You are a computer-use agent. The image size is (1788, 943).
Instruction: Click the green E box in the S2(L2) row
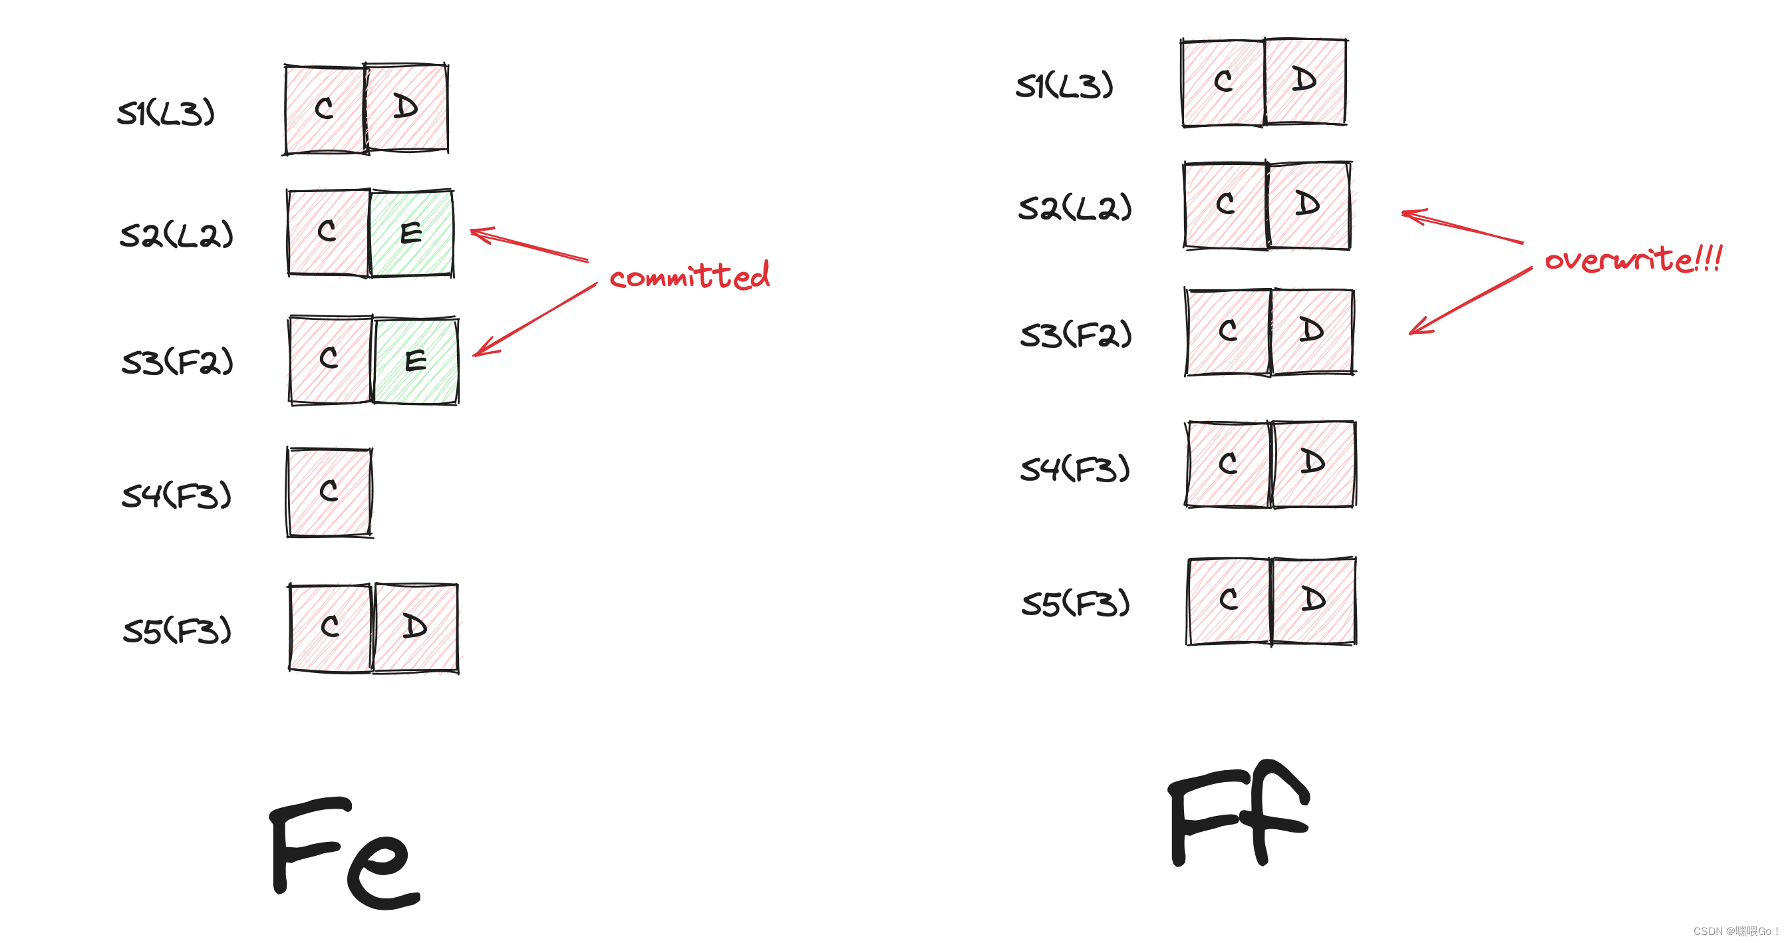click(412, 233)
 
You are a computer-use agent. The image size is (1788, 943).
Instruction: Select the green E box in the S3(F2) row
click(416, 361)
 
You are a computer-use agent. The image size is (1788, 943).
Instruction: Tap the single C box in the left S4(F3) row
click(330, 492)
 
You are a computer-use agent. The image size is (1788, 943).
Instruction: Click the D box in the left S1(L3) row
click(406, 108)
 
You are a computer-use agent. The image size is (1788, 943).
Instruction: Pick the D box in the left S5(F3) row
click(416, 627)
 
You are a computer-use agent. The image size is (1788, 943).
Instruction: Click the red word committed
click(689, 276)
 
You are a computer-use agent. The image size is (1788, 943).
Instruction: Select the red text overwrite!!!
click(1632, 259)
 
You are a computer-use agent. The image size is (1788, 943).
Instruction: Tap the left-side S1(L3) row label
click(166, 113)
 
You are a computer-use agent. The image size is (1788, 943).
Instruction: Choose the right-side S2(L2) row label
click(1074, 207)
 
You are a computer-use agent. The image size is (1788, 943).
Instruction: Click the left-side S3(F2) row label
click(177, 362)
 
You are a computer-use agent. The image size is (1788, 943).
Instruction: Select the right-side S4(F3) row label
click(1075, 469)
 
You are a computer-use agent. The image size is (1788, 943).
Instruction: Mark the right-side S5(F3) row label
click(1076, 603)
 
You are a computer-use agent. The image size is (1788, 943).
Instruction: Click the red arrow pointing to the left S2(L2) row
click(529, 245)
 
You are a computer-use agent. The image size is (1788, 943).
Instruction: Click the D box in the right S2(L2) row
click(1308, 205)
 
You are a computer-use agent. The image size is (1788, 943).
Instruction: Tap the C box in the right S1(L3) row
click(1223, 82)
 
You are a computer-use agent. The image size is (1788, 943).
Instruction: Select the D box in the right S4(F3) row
click(1312, 464)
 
